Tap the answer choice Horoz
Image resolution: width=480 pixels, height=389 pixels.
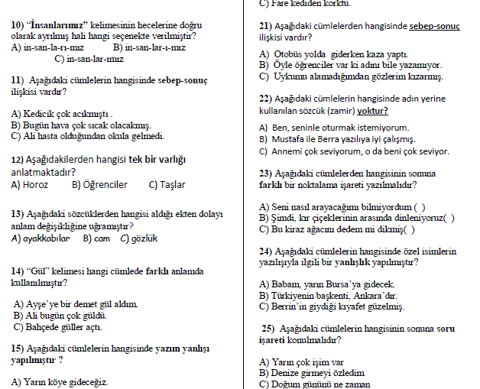coord(36,184)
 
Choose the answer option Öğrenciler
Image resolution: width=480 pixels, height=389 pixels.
coord(100,184)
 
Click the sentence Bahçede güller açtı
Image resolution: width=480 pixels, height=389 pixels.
coord(63,326)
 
